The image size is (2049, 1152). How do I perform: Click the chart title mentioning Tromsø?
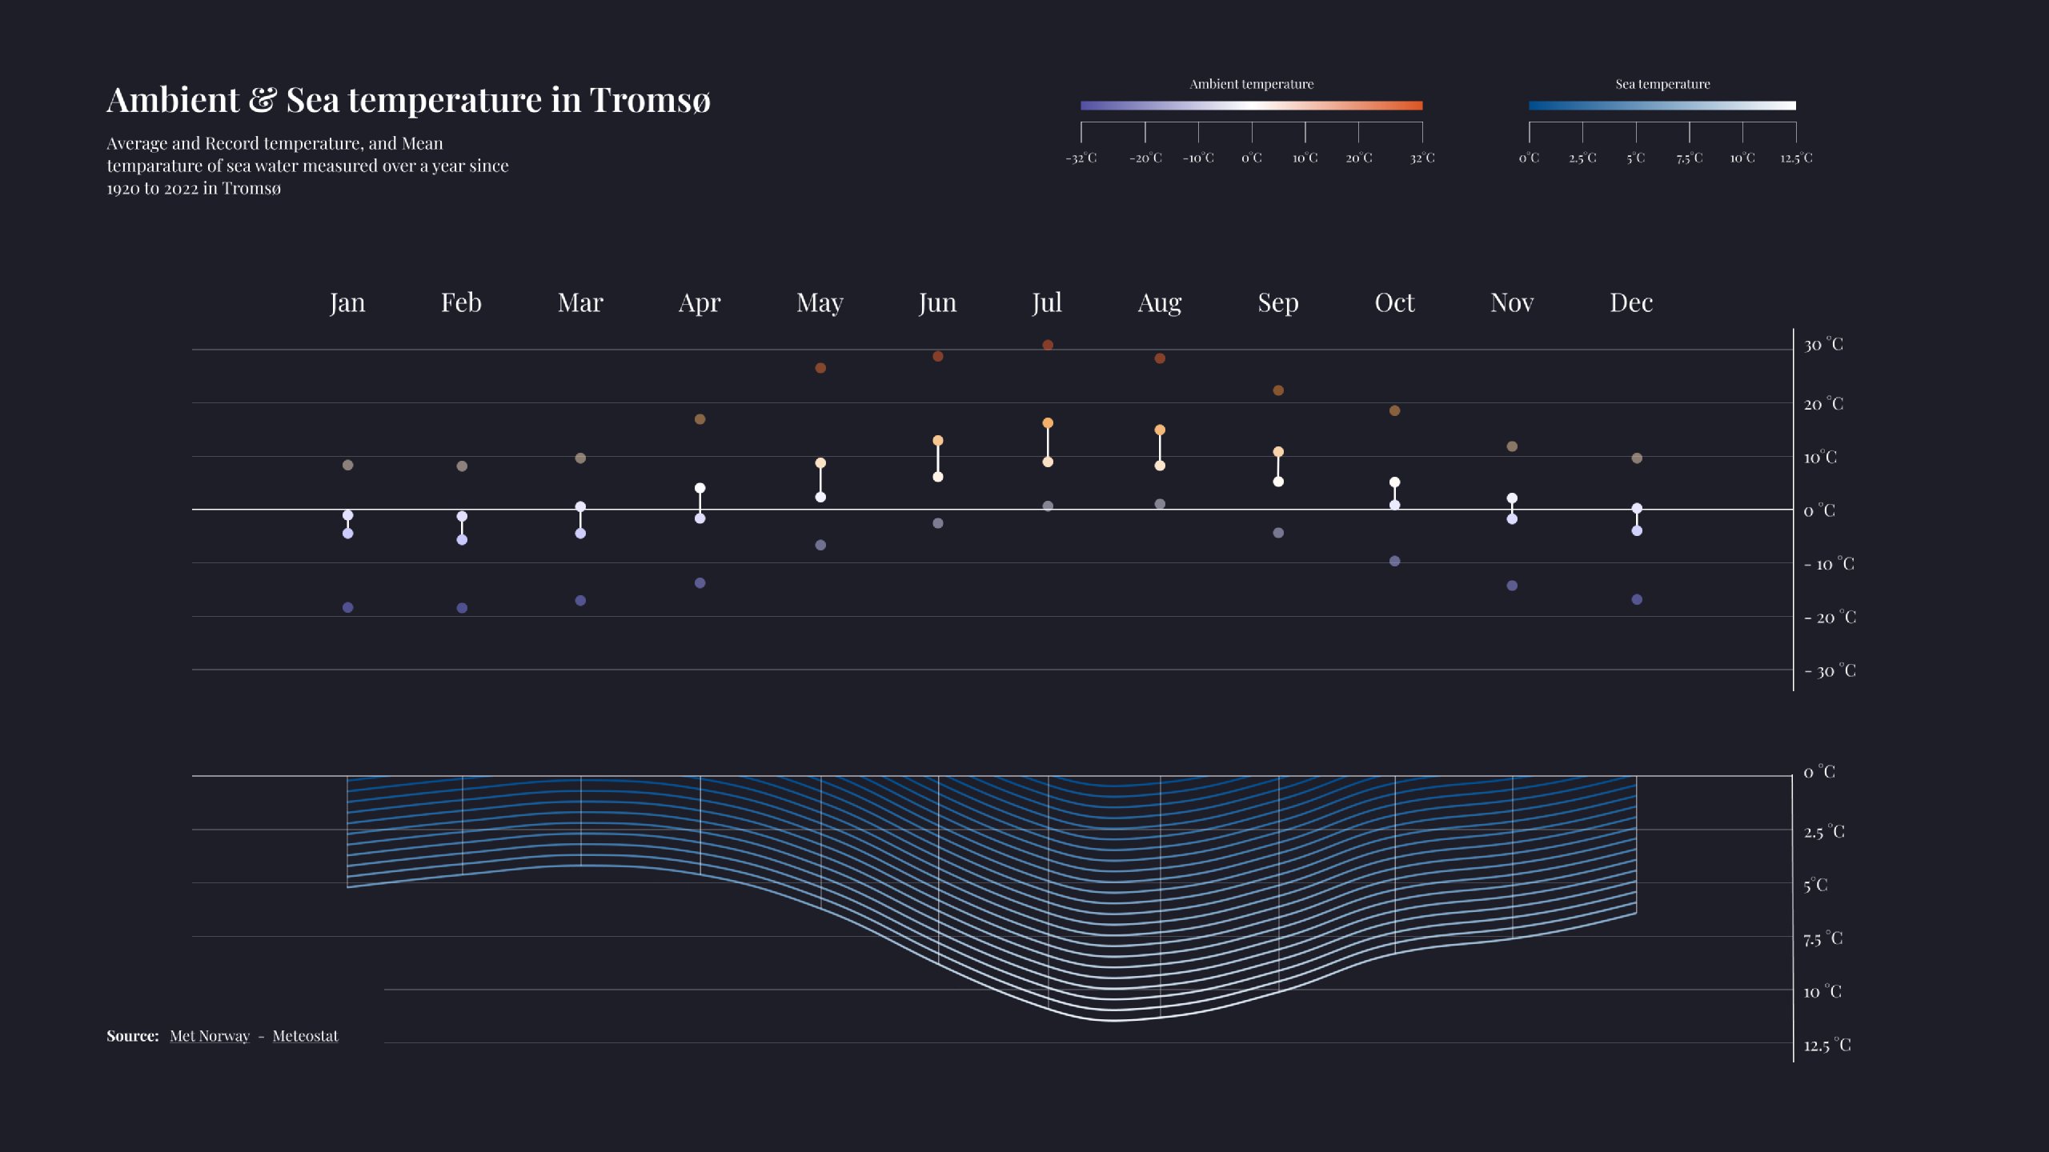(x=408, y=101)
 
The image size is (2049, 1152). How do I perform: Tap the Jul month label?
(x=1047, y=302)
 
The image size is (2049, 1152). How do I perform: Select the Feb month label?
(x=461, y=302)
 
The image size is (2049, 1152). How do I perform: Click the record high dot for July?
(x=1048, y=345)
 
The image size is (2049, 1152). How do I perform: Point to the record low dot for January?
(x=347, y=607)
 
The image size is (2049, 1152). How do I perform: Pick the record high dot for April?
(x=700, y=419)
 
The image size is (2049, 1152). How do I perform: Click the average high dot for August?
(x=1160, y=430)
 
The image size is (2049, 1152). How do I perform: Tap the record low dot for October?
(x=1394, y=561)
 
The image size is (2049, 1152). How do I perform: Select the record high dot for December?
(x=1637, y=458)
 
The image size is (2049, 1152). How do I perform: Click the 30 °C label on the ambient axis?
(x=1822, y=345)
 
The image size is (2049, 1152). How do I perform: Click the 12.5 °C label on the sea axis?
(x=1826, y=1045)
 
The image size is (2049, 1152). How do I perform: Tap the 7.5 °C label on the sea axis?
(x=1822, y=938)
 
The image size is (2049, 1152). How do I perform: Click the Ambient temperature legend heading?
(x=1251, y=84)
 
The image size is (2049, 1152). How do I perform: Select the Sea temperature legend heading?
(x=1662, y=84)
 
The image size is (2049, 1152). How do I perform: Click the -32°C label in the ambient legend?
(x=1081, y=158)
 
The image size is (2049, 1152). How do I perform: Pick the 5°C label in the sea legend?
(x=1635, y=158)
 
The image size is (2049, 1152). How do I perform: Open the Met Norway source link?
(x=210, y=1036)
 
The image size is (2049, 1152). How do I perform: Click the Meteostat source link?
(x=305, y=1036)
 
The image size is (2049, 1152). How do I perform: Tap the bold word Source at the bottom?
(x=132, y=1036)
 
